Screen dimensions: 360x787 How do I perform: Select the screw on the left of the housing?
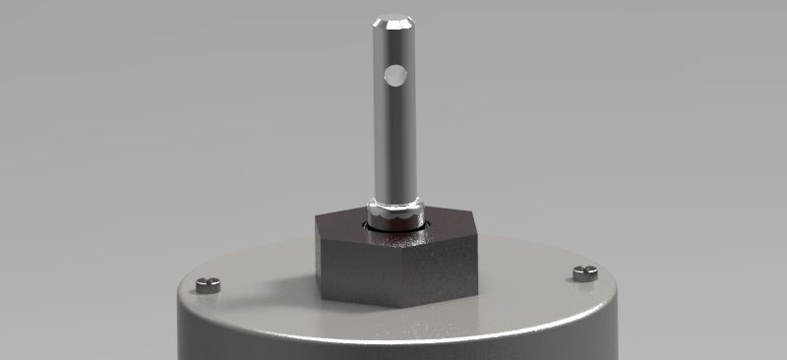208,285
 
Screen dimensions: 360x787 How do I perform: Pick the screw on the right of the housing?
584,272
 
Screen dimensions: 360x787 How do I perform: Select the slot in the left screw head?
208,284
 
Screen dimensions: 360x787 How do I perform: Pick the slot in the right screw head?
584,271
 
